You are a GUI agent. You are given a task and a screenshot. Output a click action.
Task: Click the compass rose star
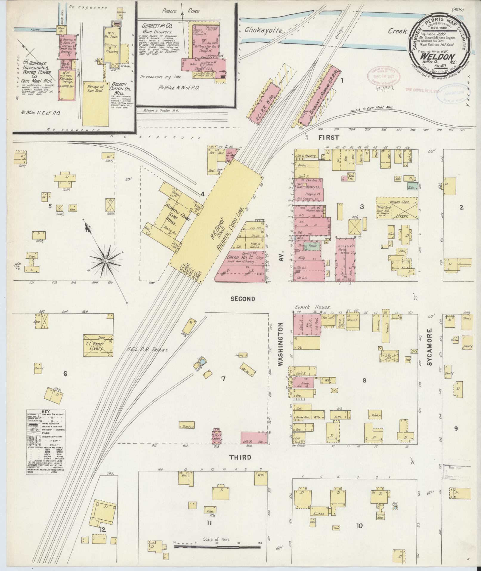pos(105,261)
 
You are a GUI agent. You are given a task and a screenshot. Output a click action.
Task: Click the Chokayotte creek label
pos(265,30)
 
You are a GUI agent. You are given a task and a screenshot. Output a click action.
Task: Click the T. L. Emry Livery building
pos(98,345)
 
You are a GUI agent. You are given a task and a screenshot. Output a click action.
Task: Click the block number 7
pos(223,379)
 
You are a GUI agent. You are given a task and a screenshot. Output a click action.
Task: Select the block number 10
pos(359,526)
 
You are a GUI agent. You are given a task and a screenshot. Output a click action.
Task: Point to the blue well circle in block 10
pos(395,507)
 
